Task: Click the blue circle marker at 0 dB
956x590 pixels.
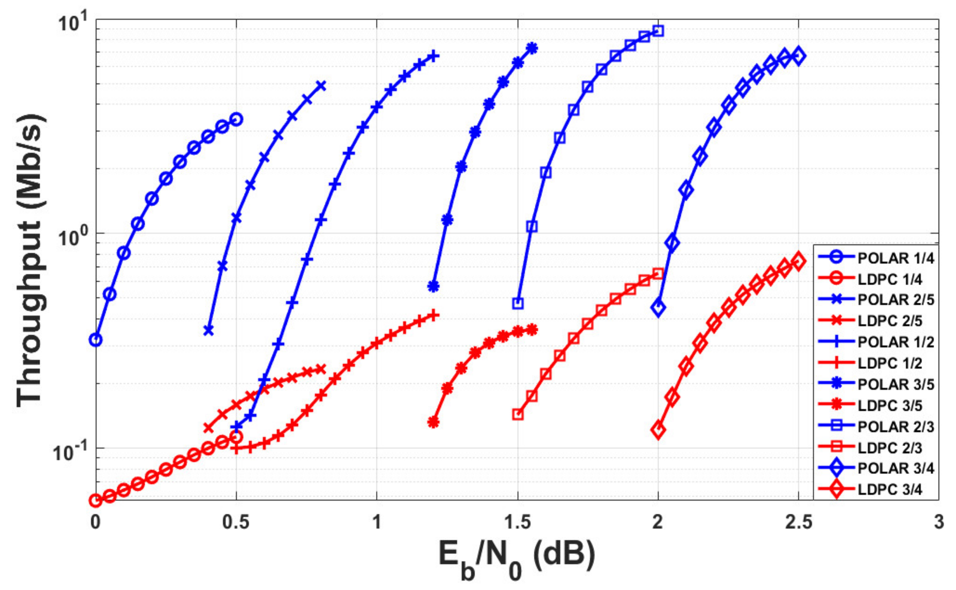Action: pyautogui.click(x=96, y=340)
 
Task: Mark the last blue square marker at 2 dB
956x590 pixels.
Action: pyautogui.click(x=658, y=31)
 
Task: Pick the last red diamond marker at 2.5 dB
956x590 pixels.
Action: pyautogui.click(x=799, y=261)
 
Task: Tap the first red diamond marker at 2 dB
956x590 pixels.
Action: pyautogui.click(x=658, y=430)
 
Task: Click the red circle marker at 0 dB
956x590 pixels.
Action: pyautogui.click(x=96, y=500)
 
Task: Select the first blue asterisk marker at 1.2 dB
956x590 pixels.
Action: pyautogui.click(x=433, y=286)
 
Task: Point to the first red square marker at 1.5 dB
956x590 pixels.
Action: pyautogui.click(x=518, y=414)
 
